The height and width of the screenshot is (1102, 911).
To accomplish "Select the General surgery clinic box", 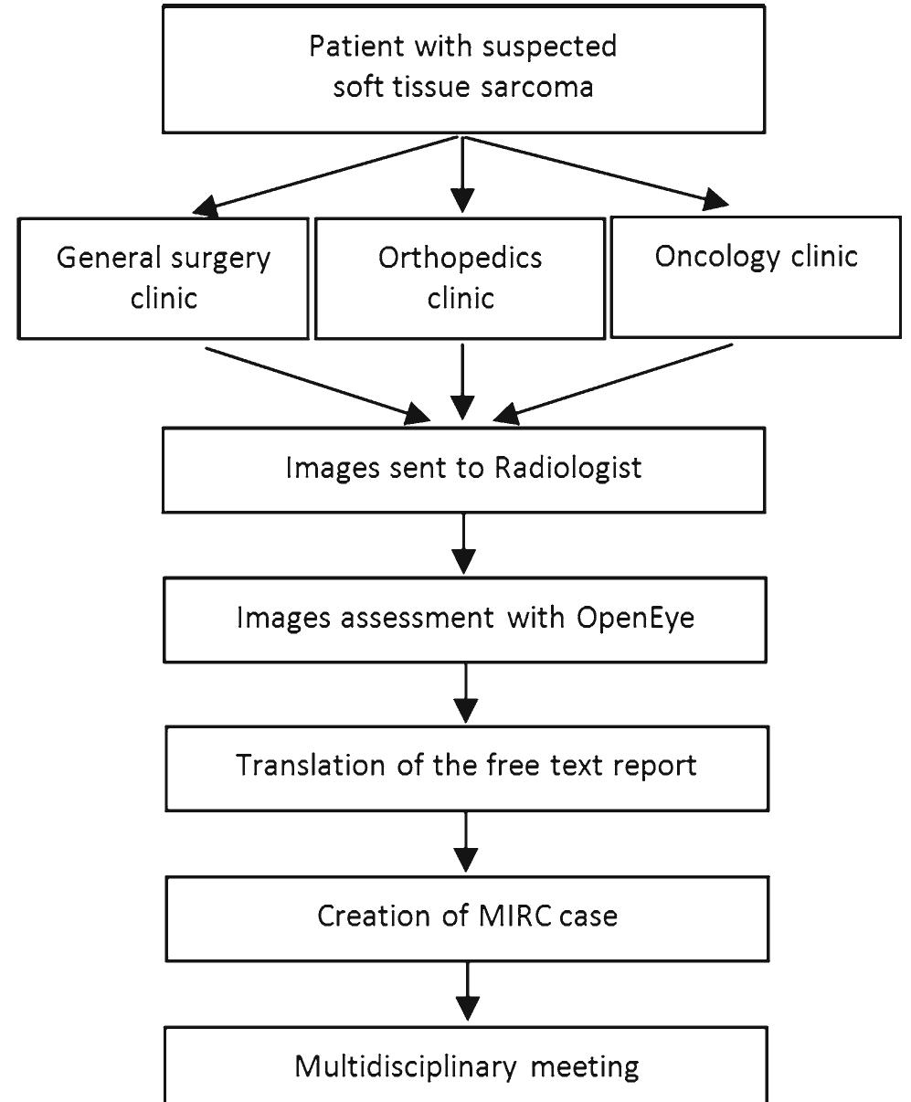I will pyautogui.click(x=164, y=277).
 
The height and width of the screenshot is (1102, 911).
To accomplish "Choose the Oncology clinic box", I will pyautogui.click(x=755, y=276).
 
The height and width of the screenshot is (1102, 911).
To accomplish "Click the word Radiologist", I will pyautogui.click(x=568, y=467).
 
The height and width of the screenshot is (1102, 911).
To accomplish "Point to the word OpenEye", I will pyautogui.click(x=636, y=618).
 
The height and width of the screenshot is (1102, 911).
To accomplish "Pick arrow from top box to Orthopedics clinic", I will pyautogui.click(x=464, y=174).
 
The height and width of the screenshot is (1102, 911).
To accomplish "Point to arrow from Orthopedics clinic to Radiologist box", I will pyautogui.click(x=464, y=384).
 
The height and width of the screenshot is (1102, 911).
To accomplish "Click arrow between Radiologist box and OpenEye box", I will pyautogui.click(x=465, y=543).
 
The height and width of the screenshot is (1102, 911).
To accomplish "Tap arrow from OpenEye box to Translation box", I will pyautogui.click(x=466, y=694).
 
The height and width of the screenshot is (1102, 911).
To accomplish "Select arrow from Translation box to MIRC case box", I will pyautogui.click(x=466, y=842).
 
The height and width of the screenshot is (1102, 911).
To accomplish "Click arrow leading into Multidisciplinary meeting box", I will pyautogui.click(x=467, y=992).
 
